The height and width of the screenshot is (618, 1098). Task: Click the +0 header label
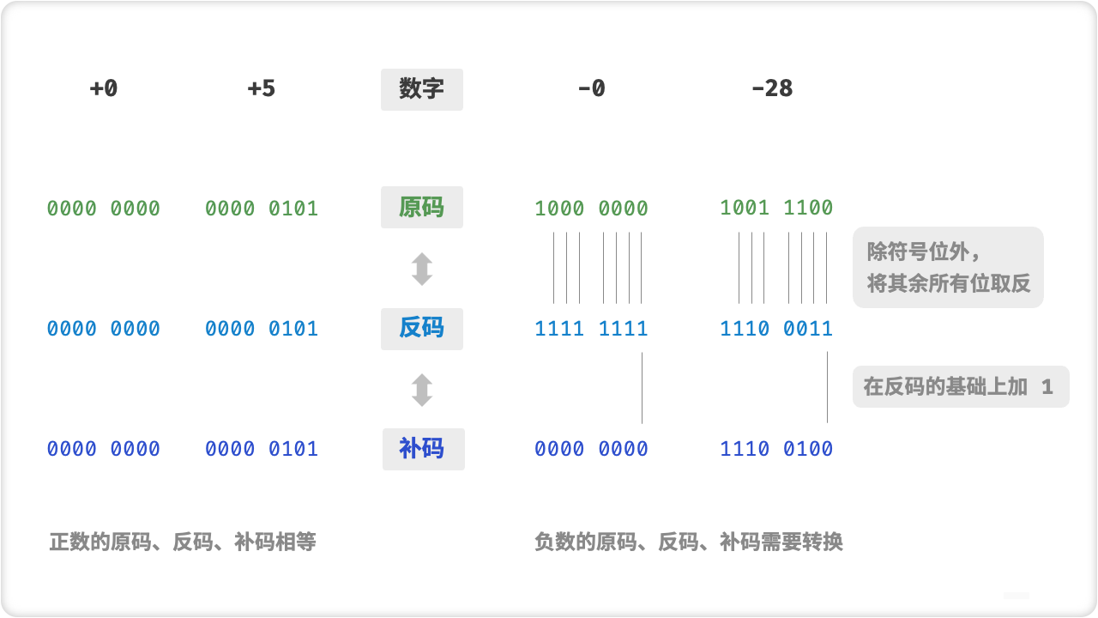click(103, 88)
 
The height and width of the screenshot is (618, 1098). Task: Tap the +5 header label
click(261, 88)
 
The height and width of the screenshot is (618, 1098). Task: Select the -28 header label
click(771, 88)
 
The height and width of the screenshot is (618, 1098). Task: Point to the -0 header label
click(591, 88)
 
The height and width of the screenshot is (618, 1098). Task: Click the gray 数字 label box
click(421, 89)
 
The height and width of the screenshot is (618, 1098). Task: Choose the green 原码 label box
click(421, 208)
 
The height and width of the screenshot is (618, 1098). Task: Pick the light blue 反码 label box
click(421, 329)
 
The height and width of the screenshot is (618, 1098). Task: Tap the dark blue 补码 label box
click(423, 449)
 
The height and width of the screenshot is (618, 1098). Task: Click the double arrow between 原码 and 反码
click(421, 269)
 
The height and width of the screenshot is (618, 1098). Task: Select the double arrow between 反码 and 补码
click(421, 389)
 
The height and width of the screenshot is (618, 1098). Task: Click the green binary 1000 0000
click(591, 209)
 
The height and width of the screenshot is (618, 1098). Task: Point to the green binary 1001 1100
click(776, 208)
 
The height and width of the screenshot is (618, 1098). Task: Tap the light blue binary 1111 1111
click(591, 329)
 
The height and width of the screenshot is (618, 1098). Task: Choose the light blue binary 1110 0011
click(776, 329)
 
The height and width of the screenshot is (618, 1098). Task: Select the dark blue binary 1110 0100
click(776, 449)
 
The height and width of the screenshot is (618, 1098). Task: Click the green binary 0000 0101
click(261, 209)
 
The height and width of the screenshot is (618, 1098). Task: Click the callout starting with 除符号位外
click(948, 267)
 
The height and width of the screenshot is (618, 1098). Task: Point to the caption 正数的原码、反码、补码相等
click(183, 542)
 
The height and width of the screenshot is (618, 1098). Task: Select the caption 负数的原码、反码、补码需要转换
click(688, 542)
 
